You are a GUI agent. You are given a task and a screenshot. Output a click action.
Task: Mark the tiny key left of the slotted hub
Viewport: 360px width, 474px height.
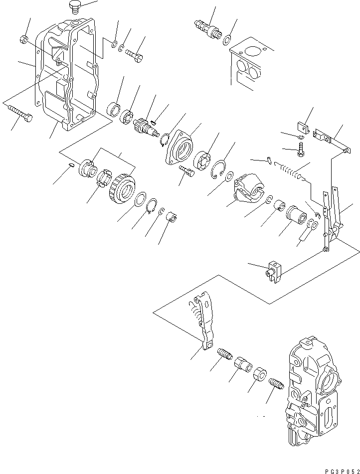pyautogui.click(x=71, y=165)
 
